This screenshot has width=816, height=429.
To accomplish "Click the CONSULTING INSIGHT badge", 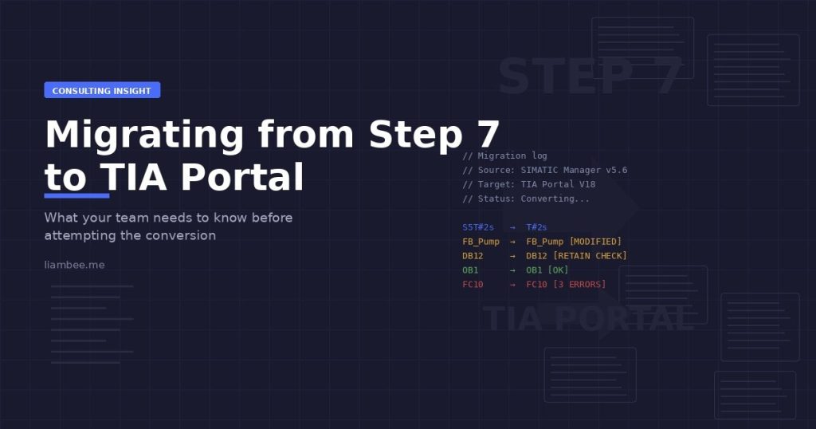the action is coord(102,90).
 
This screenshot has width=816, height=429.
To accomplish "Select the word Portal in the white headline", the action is coord(241,177).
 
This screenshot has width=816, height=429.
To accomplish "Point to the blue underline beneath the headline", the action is coord(76,195).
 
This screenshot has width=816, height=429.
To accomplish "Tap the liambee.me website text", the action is coord(74,265).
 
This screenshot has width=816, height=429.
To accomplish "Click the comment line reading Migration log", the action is coord(504,155).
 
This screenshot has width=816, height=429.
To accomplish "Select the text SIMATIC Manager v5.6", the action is coord(574,170).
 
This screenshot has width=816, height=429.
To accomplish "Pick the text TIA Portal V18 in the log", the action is coord(558,184).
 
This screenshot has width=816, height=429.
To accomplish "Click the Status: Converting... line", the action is coord(526,199).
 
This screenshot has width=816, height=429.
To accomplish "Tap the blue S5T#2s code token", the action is coord(478,227).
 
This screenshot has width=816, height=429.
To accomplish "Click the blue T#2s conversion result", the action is coord(536,227).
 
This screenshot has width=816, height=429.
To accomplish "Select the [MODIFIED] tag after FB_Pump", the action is coord(595,242).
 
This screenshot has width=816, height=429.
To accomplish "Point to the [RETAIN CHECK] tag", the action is coord(590,256).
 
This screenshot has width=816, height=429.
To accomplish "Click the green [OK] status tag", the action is coord(558,270).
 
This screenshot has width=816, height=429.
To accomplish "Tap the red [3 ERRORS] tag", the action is coord(579,284).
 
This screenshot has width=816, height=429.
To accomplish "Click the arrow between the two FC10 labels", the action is coord(512,284).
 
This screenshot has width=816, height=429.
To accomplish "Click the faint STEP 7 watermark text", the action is coord(590,76).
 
